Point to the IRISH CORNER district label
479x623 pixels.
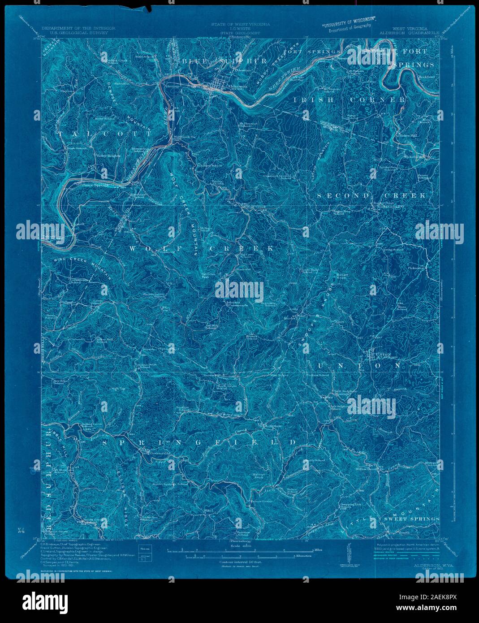[x=350, y=100]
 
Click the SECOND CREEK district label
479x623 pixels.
[x=372, y=196]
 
